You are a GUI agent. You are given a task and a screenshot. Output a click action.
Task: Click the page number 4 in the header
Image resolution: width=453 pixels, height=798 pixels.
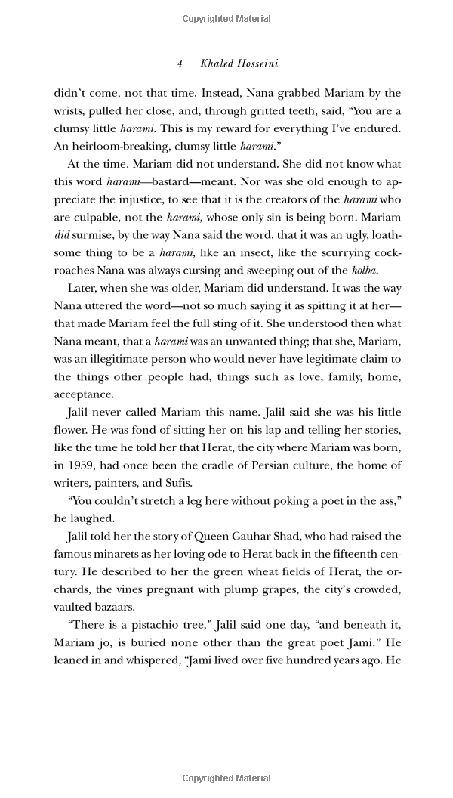pos(180,63)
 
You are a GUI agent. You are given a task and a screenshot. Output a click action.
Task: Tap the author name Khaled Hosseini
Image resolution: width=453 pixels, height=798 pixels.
pos(239,63)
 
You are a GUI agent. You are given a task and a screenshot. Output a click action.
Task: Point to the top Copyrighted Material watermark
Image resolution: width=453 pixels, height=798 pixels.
pos(226,19)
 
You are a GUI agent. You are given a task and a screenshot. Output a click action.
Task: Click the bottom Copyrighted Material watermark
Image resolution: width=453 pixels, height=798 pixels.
pos(226,778)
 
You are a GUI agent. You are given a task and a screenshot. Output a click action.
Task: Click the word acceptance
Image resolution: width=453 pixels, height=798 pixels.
pos(84,394)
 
